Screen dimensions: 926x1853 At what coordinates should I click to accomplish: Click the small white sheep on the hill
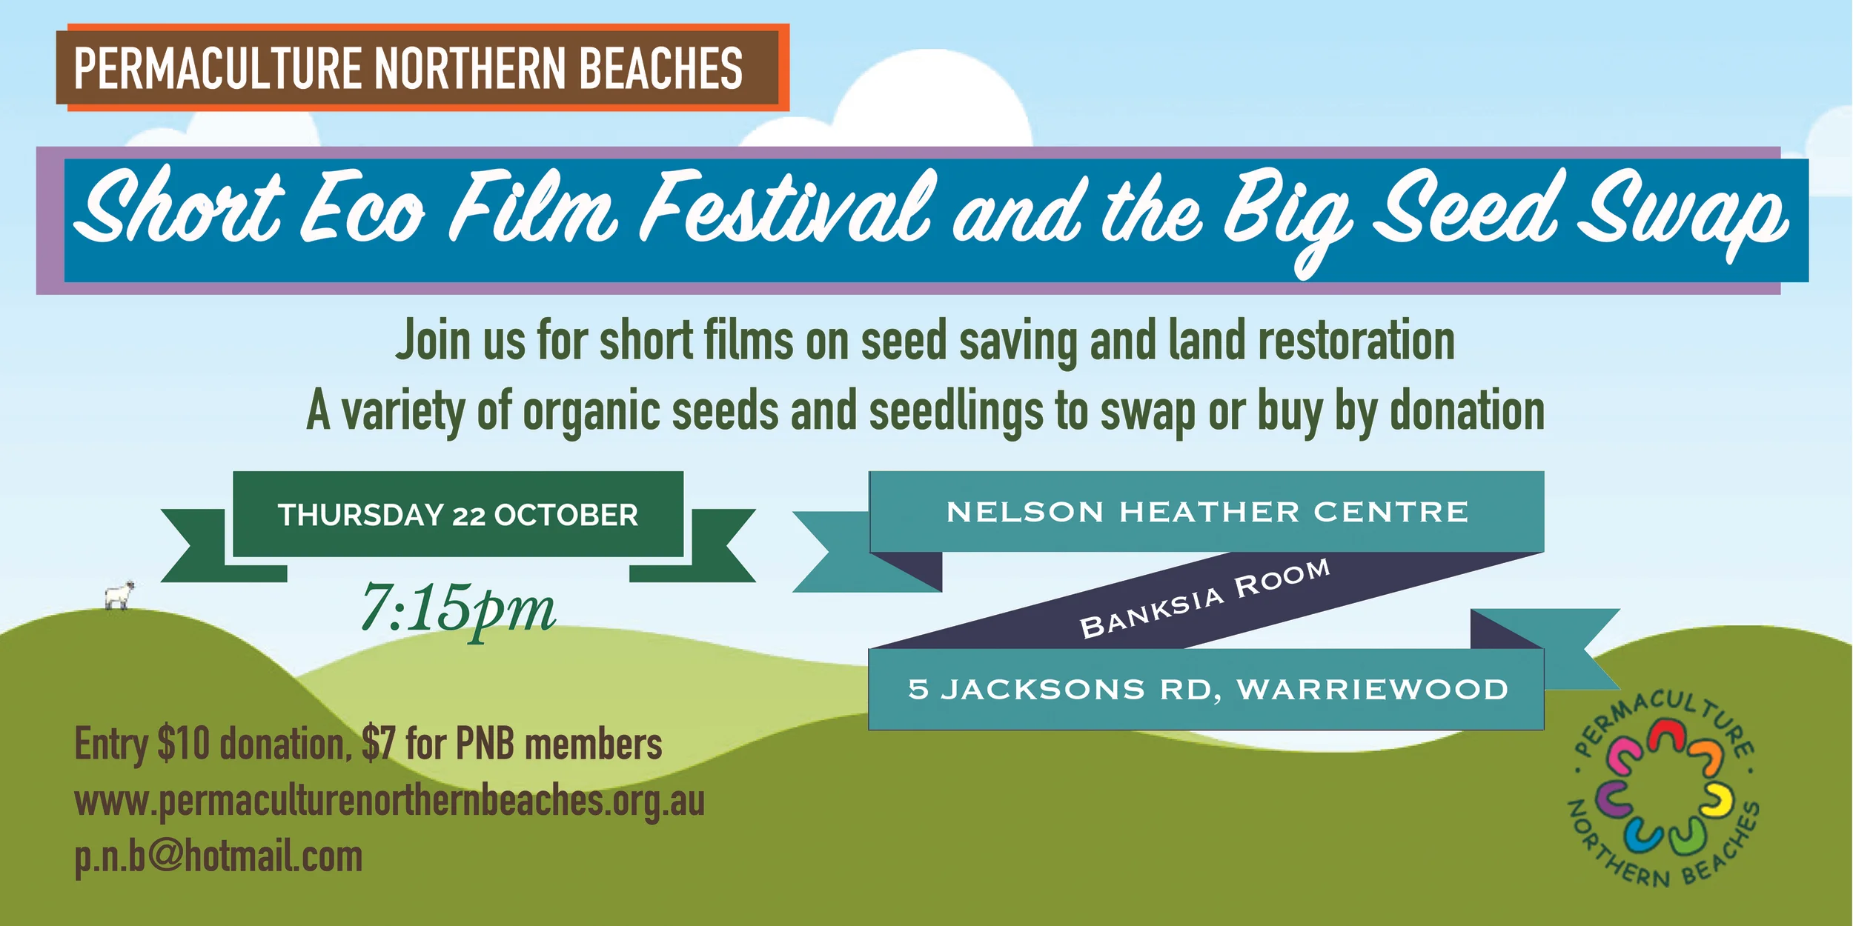point(119,594)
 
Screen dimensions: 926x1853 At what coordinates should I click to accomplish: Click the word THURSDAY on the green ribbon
point(360,515)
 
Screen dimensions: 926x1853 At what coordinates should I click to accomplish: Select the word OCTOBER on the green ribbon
point(566,515)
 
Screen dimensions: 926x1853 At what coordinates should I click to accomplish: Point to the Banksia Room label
point(1204,598)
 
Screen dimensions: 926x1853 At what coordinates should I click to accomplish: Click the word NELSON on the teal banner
point(1024,512)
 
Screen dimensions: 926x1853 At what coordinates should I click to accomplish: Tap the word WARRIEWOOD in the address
point(1373,690)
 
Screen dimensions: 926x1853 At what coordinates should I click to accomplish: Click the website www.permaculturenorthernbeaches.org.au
point(389,802)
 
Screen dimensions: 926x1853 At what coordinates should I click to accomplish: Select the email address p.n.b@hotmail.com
point(219,857)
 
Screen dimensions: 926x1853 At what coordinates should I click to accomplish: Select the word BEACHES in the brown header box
point(660,68)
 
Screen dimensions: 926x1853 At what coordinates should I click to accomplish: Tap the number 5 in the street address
point(918,690)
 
